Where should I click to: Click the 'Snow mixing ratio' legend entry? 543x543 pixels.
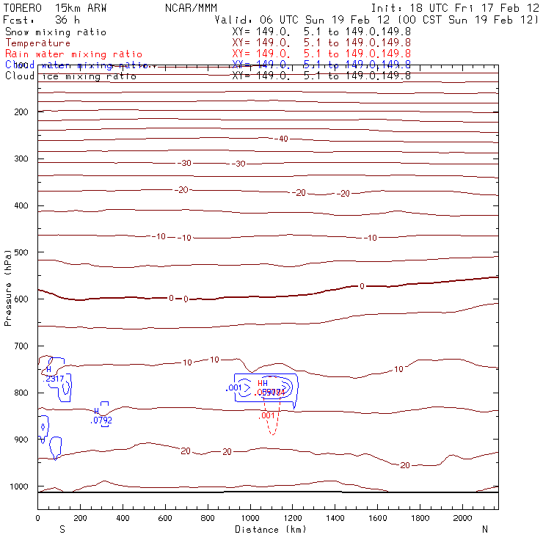pos(56,32)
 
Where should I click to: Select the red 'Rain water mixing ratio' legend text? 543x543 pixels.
pos(73,54)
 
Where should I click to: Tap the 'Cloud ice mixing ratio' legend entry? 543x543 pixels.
pos(70,76)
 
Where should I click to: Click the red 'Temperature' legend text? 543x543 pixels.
pos(38,43)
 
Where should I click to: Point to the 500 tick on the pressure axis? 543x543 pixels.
pos(20,252)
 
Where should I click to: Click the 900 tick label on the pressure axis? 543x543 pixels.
pos(20,440)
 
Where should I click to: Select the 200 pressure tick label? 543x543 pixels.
pos(20,112)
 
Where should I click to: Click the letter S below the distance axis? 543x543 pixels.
pos(61,529)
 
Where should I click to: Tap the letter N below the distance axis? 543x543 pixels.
pos(484,529)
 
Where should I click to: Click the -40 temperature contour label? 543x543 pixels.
pos(283,139)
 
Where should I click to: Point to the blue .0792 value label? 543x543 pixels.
pos(101,420)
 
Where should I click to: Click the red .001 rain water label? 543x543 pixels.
pos(268,415)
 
